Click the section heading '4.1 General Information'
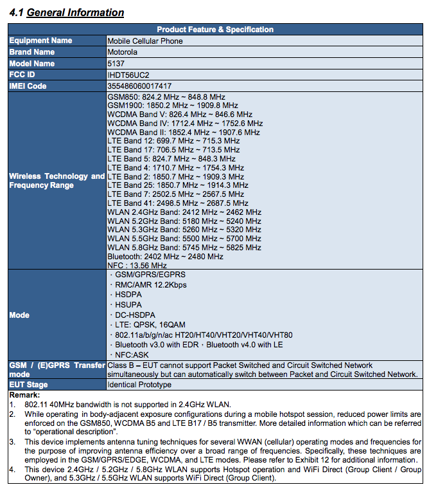pyautogui.click(x=67, y=12)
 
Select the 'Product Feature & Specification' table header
pyautogui.click(x=215, y=30)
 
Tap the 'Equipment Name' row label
pyautogui.click(x=40, y=41)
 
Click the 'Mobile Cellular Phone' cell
pyautogui.click(x=145, y=41)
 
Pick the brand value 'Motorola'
pyautogui.click(x=123, y=52)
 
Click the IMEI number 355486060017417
pyautogui.click(x=139, y=86)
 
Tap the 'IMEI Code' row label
pyautogui.click(x=28, y=86)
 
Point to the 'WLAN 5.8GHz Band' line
pyautogui.click(x=184, y=247)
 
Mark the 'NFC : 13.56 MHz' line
pyautogui.click(x=137, y=265)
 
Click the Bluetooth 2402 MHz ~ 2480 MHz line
pyautogui.click(x=166, y=256)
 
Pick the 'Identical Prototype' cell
pyautogui.click(x=139, y=385)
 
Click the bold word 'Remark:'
pyautogui.click(x=24, y=394)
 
